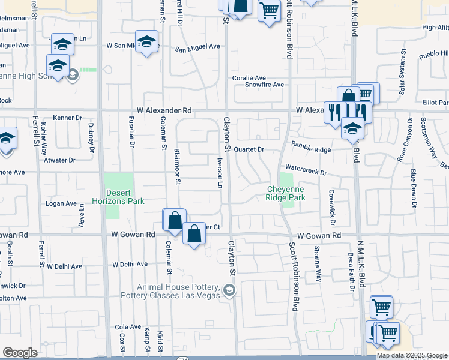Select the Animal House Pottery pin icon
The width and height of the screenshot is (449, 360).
tap(229, 291)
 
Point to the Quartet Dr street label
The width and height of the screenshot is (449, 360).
tap(249, 149)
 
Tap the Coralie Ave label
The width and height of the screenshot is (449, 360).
tap(249, 78)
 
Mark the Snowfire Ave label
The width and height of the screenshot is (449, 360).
tap(264, 85)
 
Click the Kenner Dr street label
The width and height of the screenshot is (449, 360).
tap(67, 118)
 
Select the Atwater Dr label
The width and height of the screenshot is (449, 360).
tap(59, 160)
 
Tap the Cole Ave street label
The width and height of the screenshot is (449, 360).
tap(127, 327)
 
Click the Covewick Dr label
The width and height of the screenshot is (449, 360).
tap(331, 205)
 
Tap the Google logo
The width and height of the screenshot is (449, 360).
tap(20, 353)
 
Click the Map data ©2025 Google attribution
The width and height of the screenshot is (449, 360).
tap(411, 355)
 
